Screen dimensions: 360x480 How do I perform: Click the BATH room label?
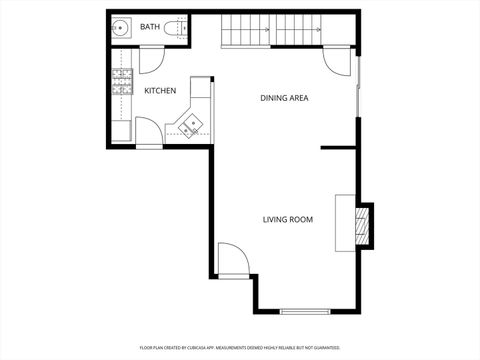point(150,27)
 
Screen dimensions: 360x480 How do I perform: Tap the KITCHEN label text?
point(160,91)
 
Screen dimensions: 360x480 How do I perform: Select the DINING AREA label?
point(284,98)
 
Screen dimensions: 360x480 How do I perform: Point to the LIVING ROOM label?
point(288,220)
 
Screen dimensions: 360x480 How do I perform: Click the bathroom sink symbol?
point(120,28)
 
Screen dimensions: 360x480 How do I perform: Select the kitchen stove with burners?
point(123,80)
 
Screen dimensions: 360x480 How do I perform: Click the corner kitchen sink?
point(190,123)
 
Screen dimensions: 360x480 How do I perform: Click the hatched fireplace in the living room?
point(366,225)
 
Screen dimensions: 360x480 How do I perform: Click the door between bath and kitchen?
point(152,60)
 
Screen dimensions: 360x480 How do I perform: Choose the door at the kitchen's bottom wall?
point(148,132)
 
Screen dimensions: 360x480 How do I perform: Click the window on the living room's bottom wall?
point(304,312)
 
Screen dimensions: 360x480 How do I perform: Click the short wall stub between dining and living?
point(338,148)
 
